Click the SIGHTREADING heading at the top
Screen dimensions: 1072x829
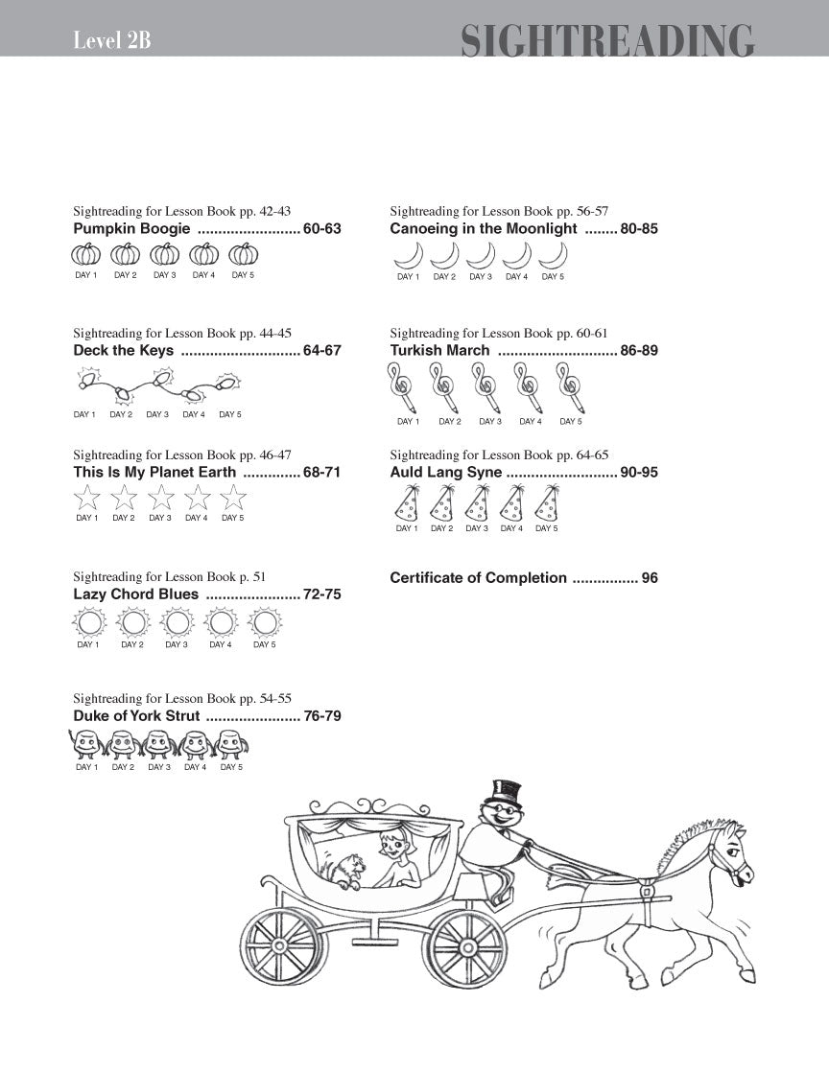[607, 41]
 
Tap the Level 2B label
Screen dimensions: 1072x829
[111, 40]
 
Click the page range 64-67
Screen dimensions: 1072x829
[321, 351]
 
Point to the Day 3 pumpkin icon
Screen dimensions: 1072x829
[165, 255]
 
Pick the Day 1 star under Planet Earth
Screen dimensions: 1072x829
[87, 498]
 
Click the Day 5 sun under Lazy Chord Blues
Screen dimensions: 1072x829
[264, 623]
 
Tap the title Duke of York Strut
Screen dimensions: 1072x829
[136, 716]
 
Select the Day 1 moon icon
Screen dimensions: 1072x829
[408, 255]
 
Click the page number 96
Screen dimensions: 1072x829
[650, 578]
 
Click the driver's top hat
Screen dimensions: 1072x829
[502, 791]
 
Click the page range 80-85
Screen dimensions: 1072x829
[638, 229]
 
